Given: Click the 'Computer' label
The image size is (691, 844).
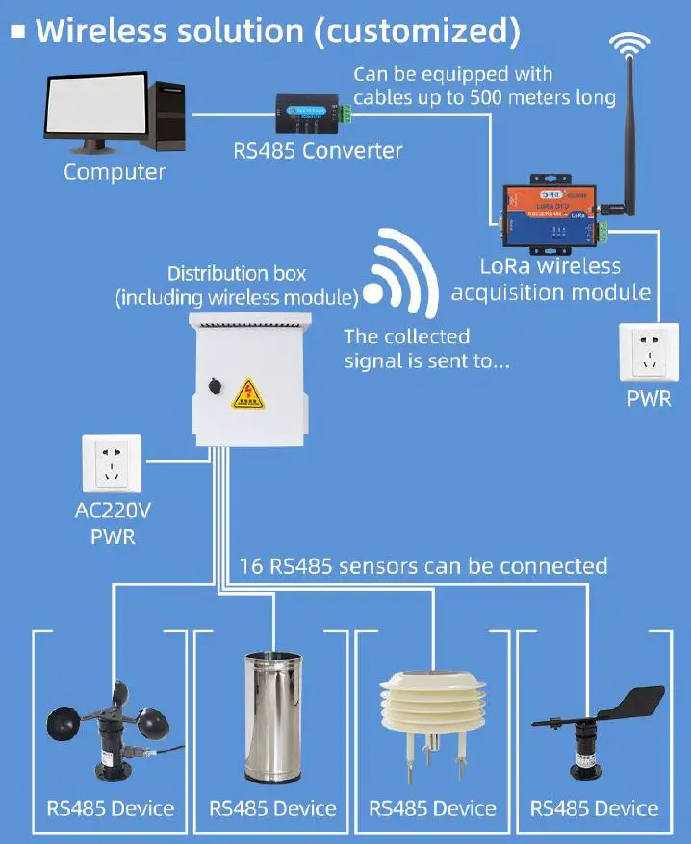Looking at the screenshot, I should coord(115,172).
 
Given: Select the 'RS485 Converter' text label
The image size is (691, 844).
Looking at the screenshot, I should coord(318,151).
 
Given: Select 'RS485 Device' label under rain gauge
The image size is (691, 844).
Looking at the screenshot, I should coord(273,808).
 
